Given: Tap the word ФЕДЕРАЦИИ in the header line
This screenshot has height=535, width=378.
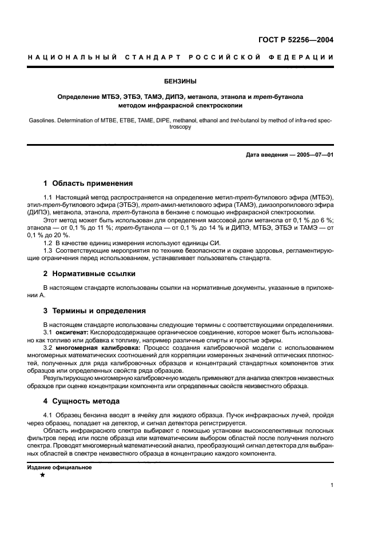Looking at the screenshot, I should click(305, 58).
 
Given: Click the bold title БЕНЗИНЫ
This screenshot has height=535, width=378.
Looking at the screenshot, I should click(189, 81).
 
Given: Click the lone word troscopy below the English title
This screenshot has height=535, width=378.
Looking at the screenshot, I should click(189, 127).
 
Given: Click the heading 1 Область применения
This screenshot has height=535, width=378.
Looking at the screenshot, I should click(88, 183).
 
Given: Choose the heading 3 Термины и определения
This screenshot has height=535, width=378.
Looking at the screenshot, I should click(95, 311).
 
